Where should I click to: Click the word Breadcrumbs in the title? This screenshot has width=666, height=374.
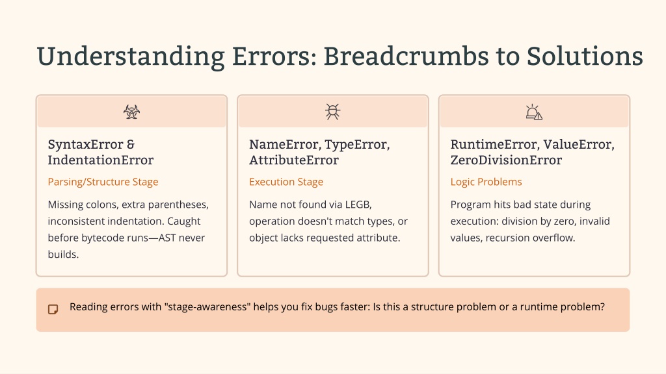pyautogui.click(x=406, y=56)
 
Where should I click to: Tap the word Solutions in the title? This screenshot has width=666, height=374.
pyautogui.click(x=585, y=56)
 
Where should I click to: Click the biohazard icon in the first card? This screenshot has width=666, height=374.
pyautogui.click(x=131, y=112)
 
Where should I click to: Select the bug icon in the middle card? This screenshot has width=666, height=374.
pyautogui.click(x=333, y=112)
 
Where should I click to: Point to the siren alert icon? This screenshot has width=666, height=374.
pyautogui.click(x=534, y=112)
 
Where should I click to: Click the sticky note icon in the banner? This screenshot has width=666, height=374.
pyautogui.click(x=53, y=309)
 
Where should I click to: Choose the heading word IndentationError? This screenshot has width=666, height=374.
pyautogui.click(x=101, y=160)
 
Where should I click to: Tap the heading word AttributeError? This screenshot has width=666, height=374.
pyautogui.click(x=294, y=160)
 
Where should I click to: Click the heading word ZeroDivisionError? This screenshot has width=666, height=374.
pyautogui.click(x=506, y=160)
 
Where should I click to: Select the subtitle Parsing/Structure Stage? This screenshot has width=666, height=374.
pyautogui.click(x=103, y=182)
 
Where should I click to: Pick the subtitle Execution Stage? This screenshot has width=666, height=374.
pyautogui.click(x=286, y=182)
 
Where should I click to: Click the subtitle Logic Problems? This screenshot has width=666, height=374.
pyautogui.click(x=486, y=182)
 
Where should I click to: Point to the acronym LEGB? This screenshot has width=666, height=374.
pyautogui.click(x=358, y=205)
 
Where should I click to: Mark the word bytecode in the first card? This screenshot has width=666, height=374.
pyautogui.click(x=102, y=238)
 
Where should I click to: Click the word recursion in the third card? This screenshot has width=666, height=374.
pyautogui.click(x=506, y=238)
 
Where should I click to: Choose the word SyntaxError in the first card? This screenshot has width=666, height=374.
pyautogui.click(x=85, y=145)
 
